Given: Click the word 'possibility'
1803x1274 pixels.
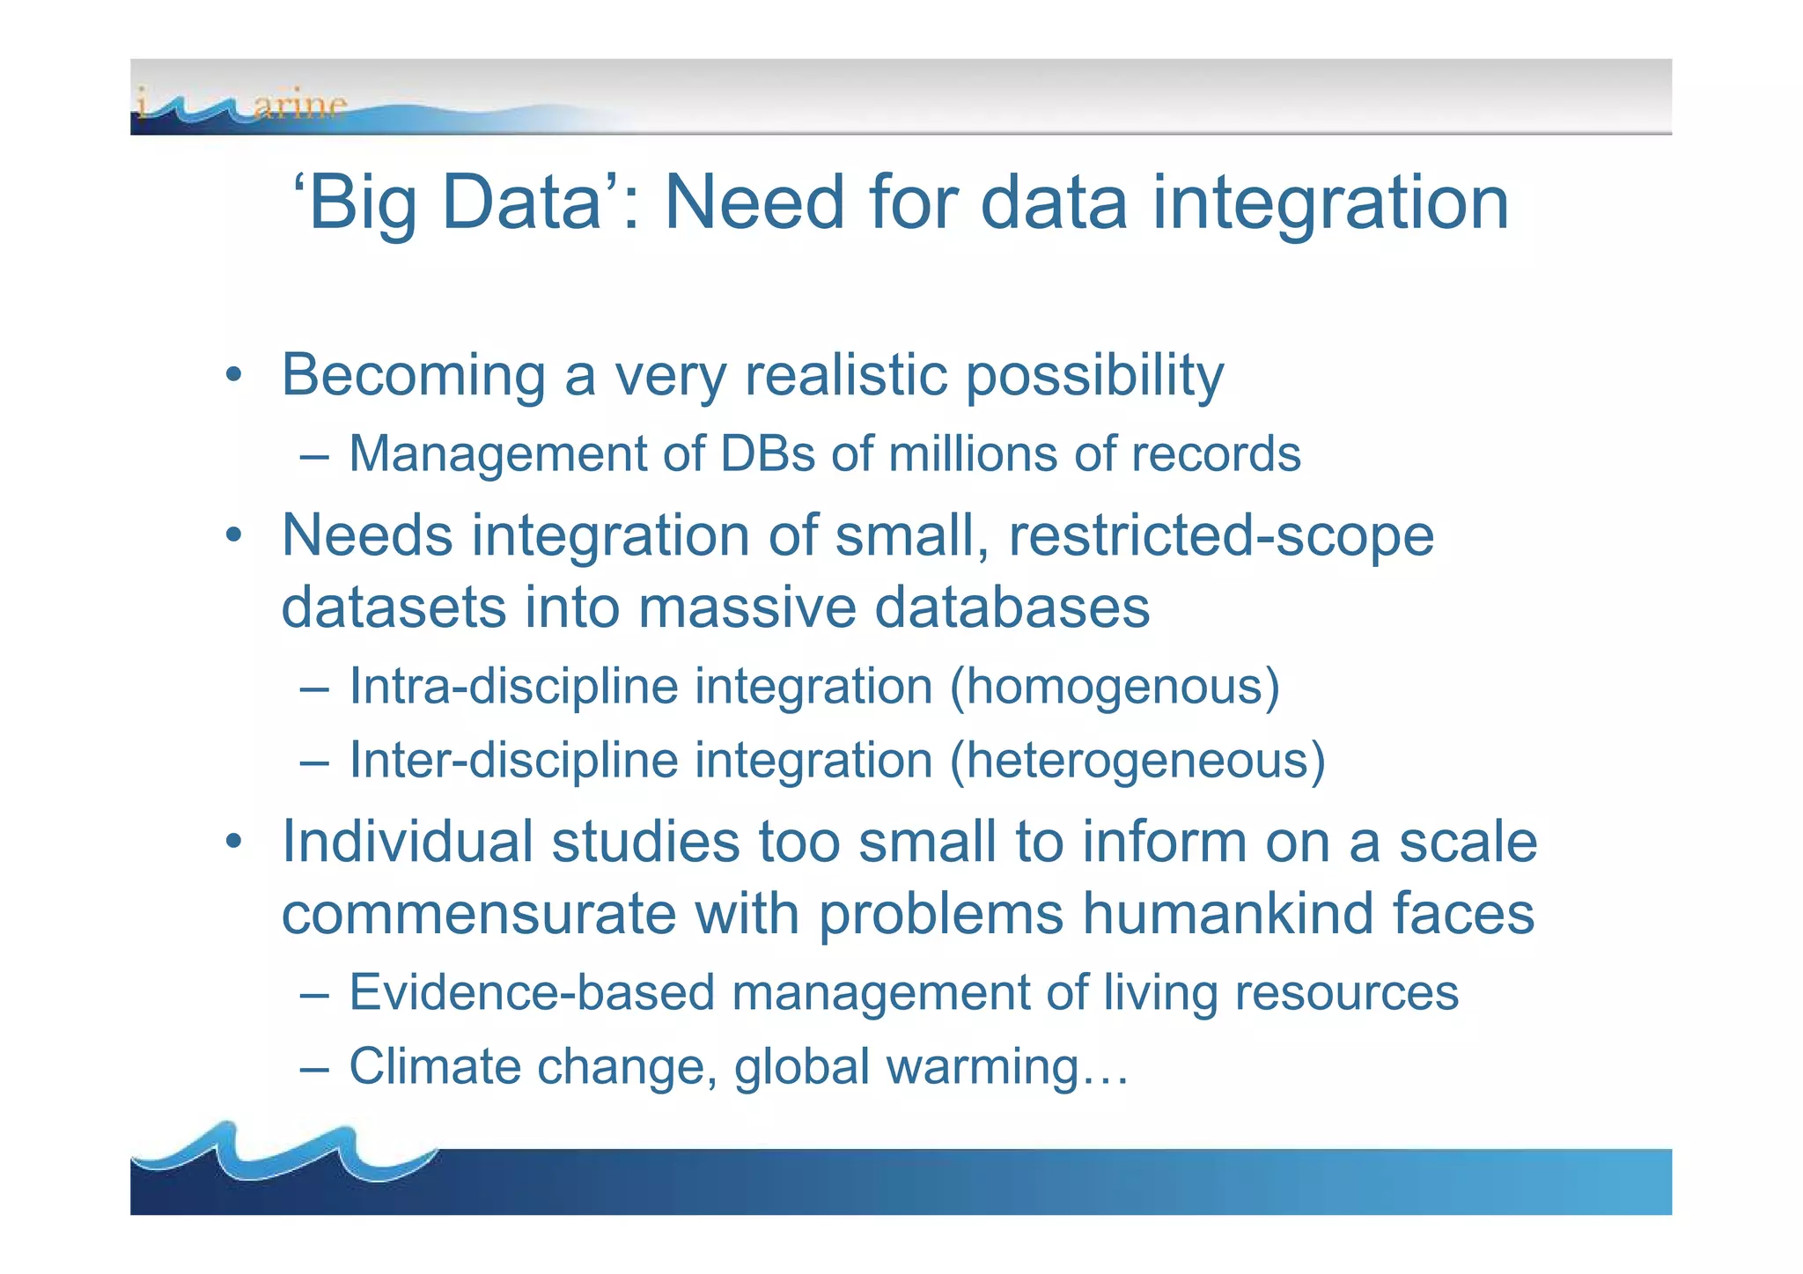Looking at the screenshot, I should pos(1094,376).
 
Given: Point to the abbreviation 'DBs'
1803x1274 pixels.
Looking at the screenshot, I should pos(768,454).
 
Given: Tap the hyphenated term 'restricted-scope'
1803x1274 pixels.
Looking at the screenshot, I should pos(1221,535).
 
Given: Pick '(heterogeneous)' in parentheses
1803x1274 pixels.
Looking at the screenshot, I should pos(1137,761).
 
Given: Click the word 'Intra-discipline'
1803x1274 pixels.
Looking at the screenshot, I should pos(513,687).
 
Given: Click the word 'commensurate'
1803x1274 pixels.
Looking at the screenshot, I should pos(479,914).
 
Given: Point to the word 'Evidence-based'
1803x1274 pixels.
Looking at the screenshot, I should pos(531,993).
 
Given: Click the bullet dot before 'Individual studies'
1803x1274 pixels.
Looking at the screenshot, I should pos(232,842).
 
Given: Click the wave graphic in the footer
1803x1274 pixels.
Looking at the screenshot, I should pos(282,1153).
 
